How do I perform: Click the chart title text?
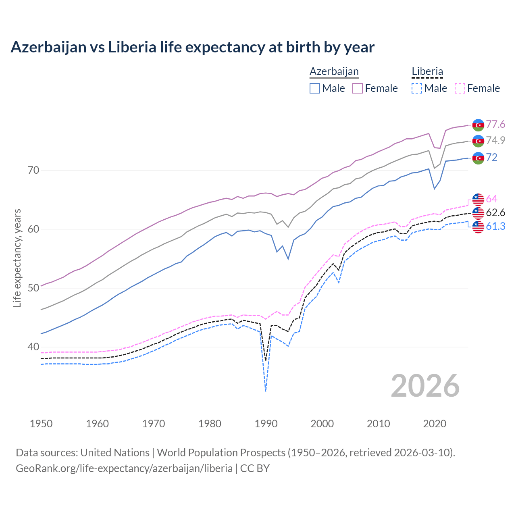(192, 47)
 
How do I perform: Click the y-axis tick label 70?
(33, 170)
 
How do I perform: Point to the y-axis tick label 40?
(33, 347)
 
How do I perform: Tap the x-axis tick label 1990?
(266, 424)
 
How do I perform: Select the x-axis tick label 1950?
(41, 424)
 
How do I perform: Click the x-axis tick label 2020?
(435, 424)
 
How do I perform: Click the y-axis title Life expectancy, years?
(17, 258)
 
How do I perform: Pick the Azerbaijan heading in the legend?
(334, 71)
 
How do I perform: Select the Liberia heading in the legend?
(427, 71)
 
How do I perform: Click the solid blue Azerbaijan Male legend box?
(315, 88)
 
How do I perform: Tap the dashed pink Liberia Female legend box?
(460, 88)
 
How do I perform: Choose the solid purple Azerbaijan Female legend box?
(358, 88)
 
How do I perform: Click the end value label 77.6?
(495, 125)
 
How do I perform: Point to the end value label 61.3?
(495, 227)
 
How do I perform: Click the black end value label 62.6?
(495, 213)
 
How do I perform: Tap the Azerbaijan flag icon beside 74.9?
(478, 141)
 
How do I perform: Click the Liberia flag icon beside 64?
(478, 199)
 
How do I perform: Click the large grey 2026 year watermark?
(425, 386)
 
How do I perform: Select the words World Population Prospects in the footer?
(221, 453)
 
